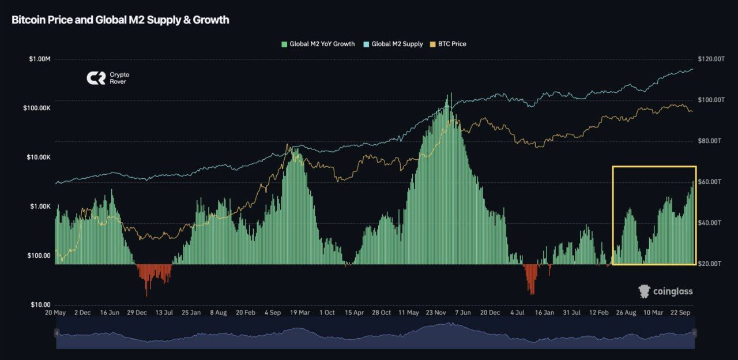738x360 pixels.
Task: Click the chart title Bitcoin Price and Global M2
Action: point(121,20)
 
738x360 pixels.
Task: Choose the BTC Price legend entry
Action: point(448,44)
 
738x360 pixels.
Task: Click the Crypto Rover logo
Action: point(108,78)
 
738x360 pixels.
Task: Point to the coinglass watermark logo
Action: point(665,291)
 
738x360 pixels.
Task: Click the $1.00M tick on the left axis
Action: point(39,59)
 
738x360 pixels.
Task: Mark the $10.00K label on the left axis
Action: point(37,157)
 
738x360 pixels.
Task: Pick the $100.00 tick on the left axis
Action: point(39,256)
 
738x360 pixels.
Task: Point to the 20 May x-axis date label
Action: point(57,313)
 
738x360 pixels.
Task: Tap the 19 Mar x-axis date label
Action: point(300,313)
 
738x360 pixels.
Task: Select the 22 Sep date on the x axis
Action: point(680,313)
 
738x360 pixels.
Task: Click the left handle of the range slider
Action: point(57,333)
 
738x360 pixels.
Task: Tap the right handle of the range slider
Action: point(694,333)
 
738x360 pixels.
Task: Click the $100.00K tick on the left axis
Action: point(36,108)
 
